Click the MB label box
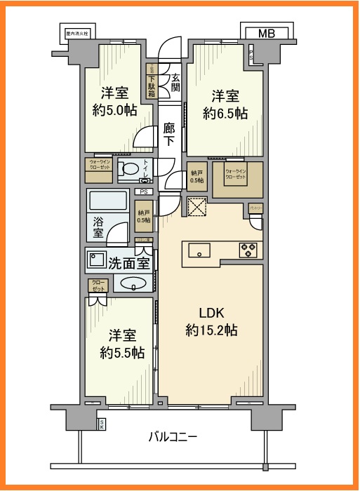coord(266,33)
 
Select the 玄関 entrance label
coord(175,82)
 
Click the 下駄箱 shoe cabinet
coord(151,81)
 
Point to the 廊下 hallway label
coord(169,134)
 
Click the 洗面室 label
coord(129,264)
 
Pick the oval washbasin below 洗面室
coord(131,284)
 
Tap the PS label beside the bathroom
coord(144,191)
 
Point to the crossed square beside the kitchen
coord(197,208)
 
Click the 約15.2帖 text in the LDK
coord(211,329)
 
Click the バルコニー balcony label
coord(173,437)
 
